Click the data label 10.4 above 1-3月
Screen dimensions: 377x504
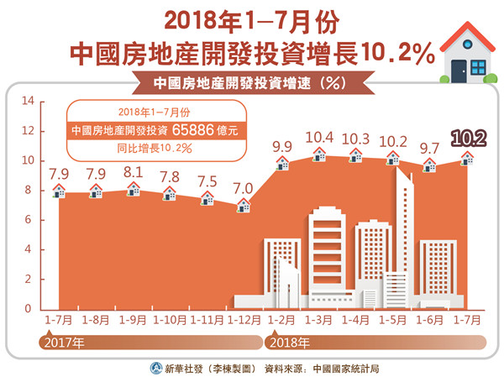click(320, 136)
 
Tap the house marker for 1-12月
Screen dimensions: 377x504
click(244, 204)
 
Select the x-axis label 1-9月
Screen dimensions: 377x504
click(133, 320)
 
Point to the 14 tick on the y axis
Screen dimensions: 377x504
click(27, 102)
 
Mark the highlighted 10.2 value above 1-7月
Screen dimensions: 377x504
click(467, 137)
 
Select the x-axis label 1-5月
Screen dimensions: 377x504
click(393, 320)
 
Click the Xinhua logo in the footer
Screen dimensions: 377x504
click(157, 367)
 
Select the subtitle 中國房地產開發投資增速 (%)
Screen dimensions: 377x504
click(252, 83)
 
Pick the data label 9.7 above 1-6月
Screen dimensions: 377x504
click(430, 148)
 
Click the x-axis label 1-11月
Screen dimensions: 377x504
click(207, 320)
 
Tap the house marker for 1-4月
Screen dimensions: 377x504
click(356, 154)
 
